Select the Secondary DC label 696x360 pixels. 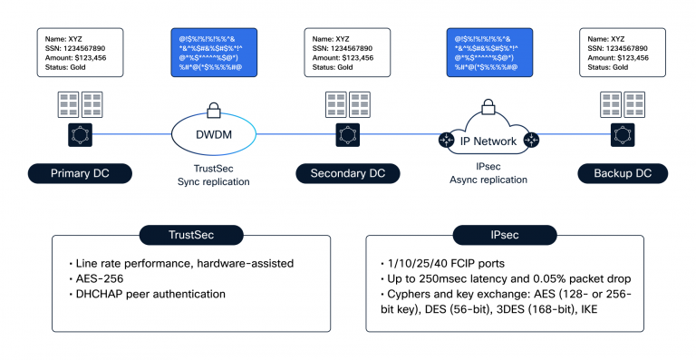point(347,173)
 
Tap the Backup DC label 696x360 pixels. point(615,173)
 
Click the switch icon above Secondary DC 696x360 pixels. point(347,136)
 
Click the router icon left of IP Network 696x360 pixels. point(446,141)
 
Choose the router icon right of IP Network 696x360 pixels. point(530,141)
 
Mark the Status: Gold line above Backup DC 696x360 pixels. point(607,67)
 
